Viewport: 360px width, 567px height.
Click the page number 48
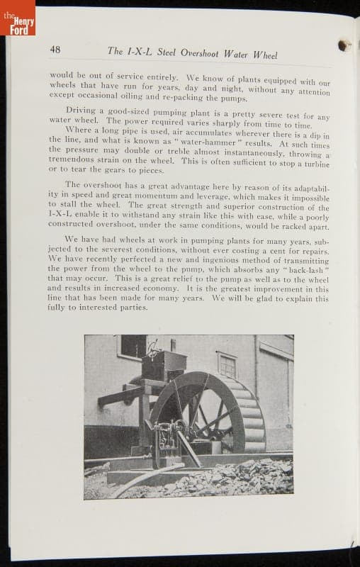point(55,49)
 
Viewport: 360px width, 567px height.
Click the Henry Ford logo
point(17,17)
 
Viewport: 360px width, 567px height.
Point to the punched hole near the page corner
point(345,46)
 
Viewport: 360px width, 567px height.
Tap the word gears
point(116,170)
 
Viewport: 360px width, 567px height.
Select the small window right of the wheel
point(227,365)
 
